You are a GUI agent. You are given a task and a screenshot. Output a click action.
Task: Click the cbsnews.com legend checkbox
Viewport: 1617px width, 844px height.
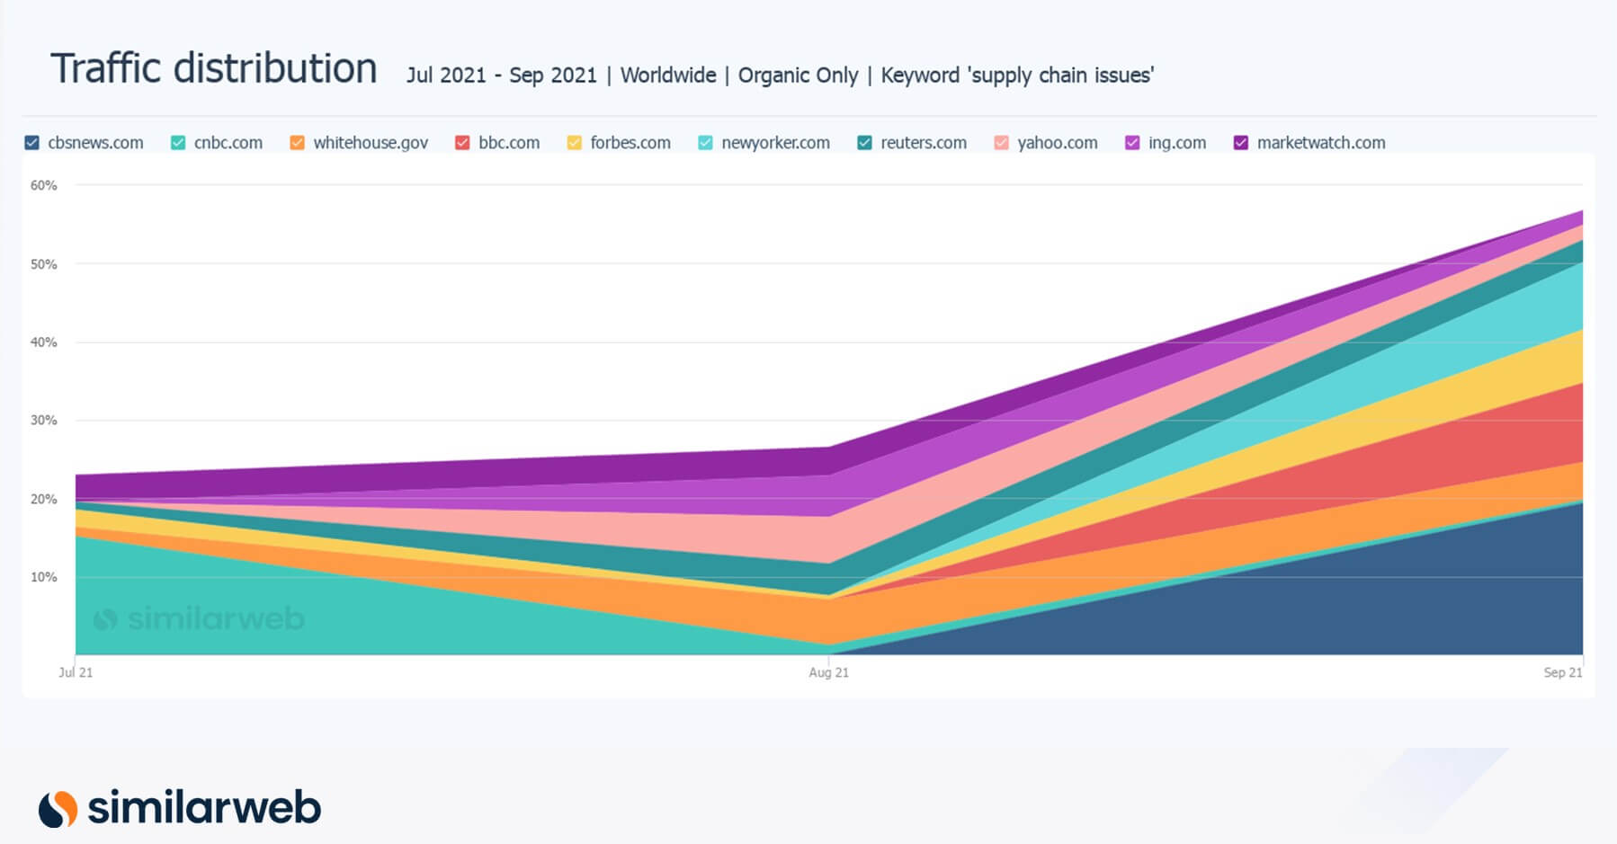pos(32,143)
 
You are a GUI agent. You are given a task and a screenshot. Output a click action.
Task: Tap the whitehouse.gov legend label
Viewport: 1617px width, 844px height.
pos(371,143)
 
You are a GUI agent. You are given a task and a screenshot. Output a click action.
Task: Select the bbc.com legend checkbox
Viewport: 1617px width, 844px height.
pos(462,143)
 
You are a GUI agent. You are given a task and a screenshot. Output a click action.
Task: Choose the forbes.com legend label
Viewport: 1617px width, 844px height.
pos(630,143)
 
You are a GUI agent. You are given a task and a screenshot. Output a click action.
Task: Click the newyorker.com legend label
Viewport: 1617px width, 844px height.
pos(775,143)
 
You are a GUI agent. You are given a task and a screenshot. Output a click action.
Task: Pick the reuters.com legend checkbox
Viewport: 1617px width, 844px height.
pos(864,143)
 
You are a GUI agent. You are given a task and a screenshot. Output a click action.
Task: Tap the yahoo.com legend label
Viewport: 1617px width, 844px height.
pos(1057,143)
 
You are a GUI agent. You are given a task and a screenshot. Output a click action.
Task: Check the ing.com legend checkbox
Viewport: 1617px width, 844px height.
pos(1132,143)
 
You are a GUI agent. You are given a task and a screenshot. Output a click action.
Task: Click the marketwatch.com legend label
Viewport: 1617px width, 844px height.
pos(1320,143)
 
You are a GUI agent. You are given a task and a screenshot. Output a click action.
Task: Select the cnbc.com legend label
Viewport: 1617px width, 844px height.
pos(228,143)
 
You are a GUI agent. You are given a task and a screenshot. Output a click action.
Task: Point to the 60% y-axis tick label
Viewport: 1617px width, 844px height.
pos(43,185)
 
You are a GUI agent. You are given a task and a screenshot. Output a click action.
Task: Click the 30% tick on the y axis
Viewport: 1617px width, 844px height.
pos(43,420)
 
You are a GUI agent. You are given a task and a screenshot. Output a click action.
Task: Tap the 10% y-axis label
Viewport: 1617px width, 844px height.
pos(43,577)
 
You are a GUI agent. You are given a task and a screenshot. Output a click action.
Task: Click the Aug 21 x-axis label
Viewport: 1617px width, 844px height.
pos(828,672)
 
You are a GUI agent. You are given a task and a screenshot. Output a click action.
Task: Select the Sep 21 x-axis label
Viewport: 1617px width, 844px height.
pos(1562,672)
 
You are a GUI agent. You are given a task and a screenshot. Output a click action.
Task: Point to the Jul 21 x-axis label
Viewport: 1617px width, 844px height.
pos(76,672)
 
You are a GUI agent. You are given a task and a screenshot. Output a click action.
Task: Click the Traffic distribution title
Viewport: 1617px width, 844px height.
pos(214,69)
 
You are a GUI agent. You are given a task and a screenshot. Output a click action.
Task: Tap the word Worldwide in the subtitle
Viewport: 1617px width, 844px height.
pos(668,76)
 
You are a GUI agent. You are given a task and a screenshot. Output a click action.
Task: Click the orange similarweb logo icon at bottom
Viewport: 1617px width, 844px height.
pos(58,808)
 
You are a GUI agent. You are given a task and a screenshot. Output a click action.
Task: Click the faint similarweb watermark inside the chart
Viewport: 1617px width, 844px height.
pos(200,618)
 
